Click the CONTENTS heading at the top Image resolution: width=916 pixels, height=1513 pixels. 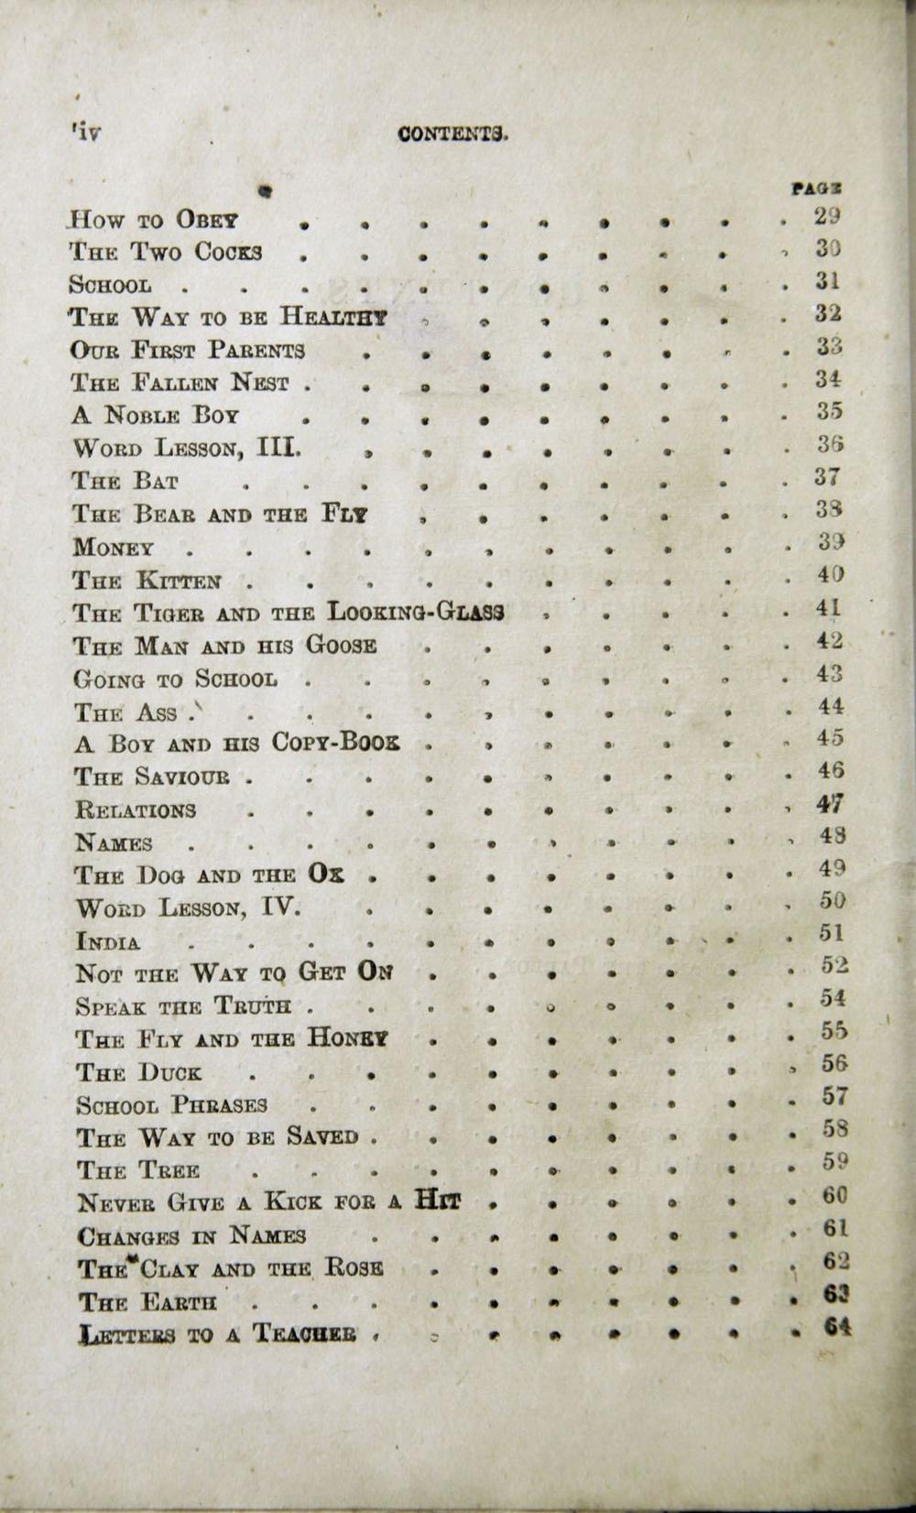coord(453,134)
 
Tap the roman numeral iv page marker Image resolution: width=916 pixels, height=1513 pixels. coord(86,132)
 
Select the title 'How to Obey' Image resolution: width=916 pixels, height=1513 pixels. coord(156,221)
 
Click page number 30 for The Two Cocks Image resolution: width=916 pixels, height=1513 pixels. coord(827,248)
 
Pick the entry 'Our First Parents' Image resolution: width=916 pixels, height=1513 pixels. coord(188,351)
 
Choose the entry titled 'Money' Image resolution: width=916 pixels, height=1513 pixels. coord(114,548)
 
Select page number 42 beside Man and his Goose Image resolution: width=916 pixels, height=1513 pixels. coord(830,641)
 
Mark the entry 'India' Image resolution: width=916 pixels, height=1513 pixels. coord(109,942)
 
